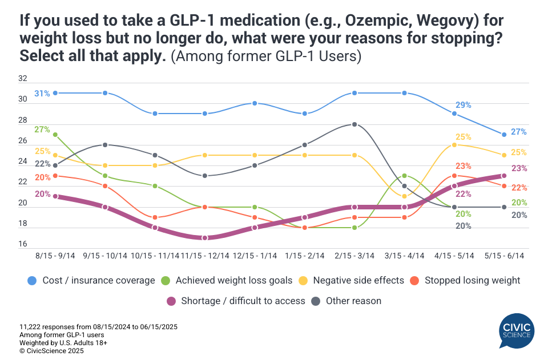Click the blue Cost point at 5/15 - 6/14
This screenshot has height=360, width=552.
[x=505, y=135]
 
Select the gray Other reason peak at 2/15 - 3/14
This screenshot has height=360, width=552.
[x=354, y=124]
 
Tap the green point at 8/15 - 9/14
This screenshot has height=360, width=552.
[x=55, y=135]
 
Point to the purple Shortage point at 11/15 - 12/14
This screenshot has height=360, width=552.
[x=204, y=238]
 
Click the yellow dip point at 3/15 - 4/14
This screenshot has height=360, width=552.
[x=404, y=196]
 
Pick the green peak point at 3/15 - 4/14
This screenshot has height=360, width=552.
[x=404, y=176]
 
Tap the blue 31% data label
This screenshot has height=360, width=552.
[x=42, y=93]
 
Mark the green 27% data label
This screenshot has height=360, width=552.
[x=42, y=130]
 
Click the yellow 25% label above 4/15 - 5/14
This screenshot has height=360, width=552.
[x=463, y=137]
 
